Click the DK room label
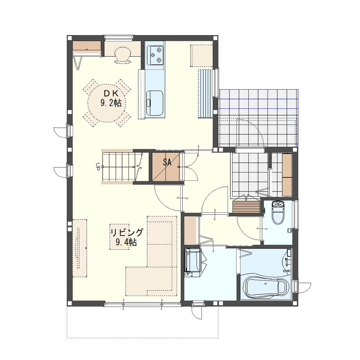pos(111,94)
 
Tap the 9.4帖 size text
pos(126,242)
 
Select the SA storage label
pos(167,162)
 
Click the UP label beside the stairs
pos(98,167)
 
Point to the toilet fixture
pos(278,212)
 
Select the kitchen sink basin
pos(155,103)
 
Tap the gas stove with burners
pos(156,54)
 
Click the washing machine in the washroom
pos(193,263)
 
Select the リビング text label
pos(126,233)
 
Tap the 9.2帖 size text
pos(111,103)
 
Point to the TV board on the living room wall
pos(80,248)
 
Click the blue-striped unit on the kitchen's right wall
pos(206,94)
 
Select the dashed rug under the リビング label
pos(120,237)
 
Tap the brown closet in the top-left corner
pos(87,46)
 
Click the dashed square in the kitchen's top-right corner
pos(201,56)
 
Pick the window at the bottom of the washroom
pos(198,303)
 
